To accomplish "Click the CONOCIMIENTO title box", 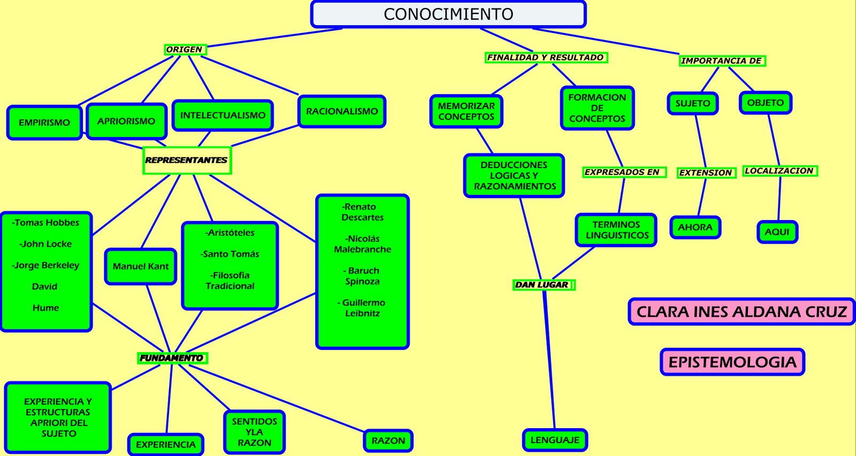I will click(448, 14).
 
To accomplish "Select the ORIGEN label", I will click(185, 49).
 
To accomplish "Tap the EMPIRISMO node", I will click(44, 123).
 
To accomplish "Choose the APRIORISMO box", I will click(126, 121).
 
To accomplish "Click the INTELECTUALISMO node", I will click(223, 115).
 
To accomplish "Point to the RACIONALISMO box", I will click(342, 111).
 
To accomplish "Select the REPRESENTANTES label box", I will click(187, 160).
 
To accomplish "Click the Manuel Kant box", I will click(141, 266).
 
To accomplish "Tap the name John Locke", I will click(45, 244).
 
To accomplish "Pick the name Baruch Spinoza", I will click(362, 276).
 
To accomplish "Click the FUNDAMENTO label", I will click(172, 358).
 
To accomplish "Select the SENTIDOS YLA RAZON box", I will click(255, 432).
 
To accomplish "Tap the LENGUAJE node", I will click(555, 440).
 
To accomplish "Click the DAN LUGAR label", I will click(542, 285).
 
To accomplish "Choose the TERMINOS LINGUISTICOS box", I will click(616, 230).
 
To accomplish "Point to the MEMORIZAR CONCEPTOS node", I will click(466, 111).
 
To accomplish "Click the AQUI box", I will click(777, 232).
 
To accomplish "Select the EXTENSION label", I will click(706, 172).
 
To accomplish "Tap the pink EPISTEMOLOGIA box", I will click(732, 362).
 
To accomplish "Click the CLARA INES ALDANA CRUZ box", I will click(742, 311).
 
